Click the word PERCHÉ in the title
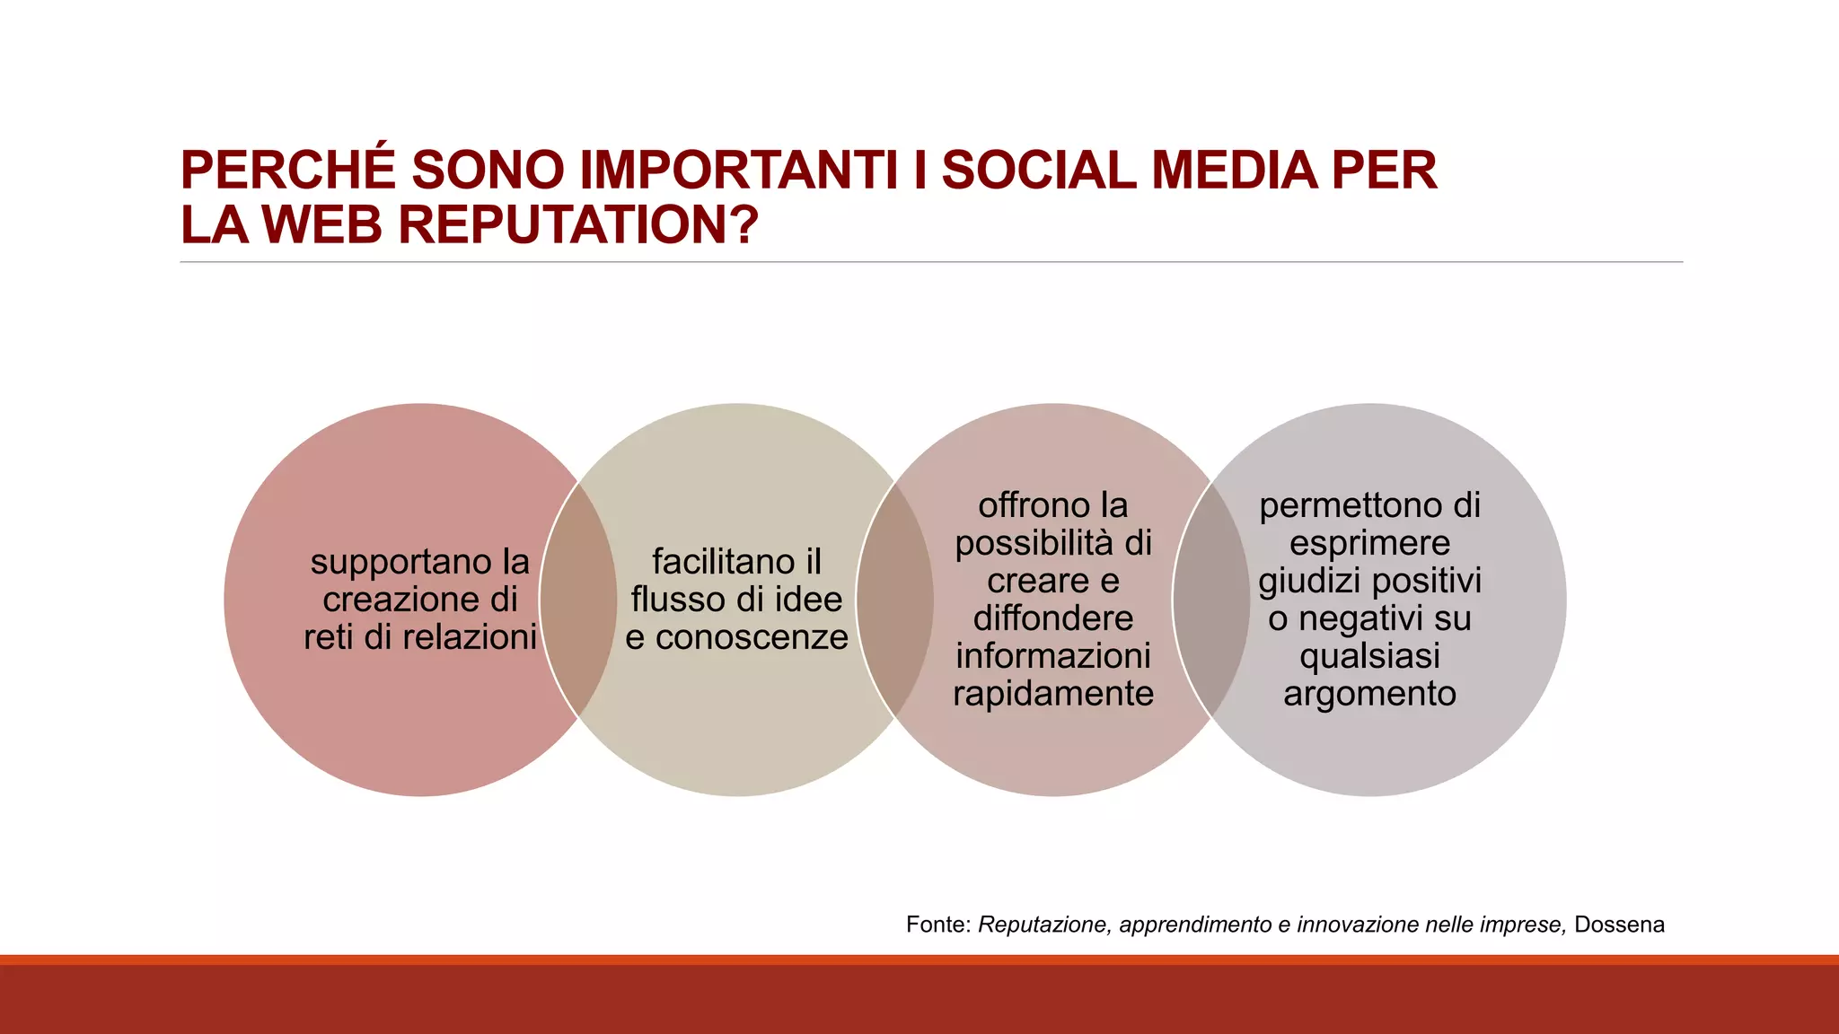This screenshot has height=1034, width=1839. pyautogui.click(x=287, y=171)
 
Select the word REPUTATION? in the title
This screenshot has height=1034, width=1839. pyautogui.click(x=578, y=224)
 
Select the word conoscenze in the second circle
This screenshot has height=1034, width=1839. pyautogui.click(x=752, y=637)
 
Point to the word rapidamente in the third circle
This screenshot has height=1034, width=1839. pyautogui.click(x=1053, y=694)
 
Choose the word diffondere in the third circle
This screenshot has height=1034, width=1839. pyautogui.click(x=1053, y=618)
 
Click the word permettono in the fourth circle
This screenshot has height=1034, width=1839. pyautogui.click(x=1346, y=505)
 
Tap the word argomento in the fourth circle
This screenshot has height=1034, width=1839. pyautogui.click(x=1369, y=694)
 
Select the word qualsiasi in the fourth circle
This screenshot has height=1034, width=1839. pyautogui.click(x=1369, y=656)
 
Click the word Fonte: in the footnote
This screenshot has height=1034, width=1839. pyautogui.click(x=938, y=924)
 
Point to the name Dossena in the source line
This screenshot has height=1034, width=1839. pyautogui.click(x=1619, y=924)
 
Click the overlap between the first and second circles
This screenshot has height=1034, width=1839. pyautogui.click(x=578, y=600)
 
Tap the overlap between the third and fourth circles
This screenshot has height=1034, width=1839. pyautogui.click(x=1210, y=600)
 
